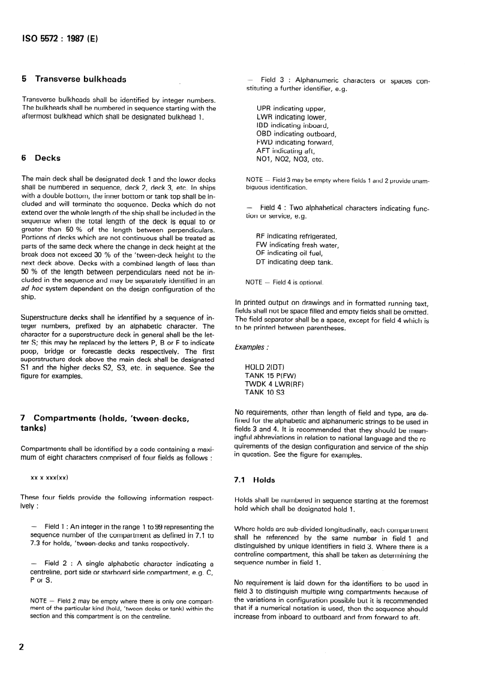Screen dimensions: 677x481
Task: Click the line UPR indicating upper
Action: [x=290, y=109]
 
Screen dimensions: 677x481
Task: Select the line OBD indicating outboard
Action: [x=296, y=134]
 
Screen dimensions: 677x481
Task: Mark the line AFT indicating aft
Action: [x=285, y=151]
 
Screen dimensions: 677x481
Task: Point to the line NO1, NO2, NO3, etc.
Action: [x=290, y=160]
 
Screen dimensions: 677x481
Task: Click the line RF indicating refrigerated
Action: [x=297, y=236]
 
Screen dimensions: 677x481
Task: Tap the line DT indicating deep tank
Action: [x=294, y=262]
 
